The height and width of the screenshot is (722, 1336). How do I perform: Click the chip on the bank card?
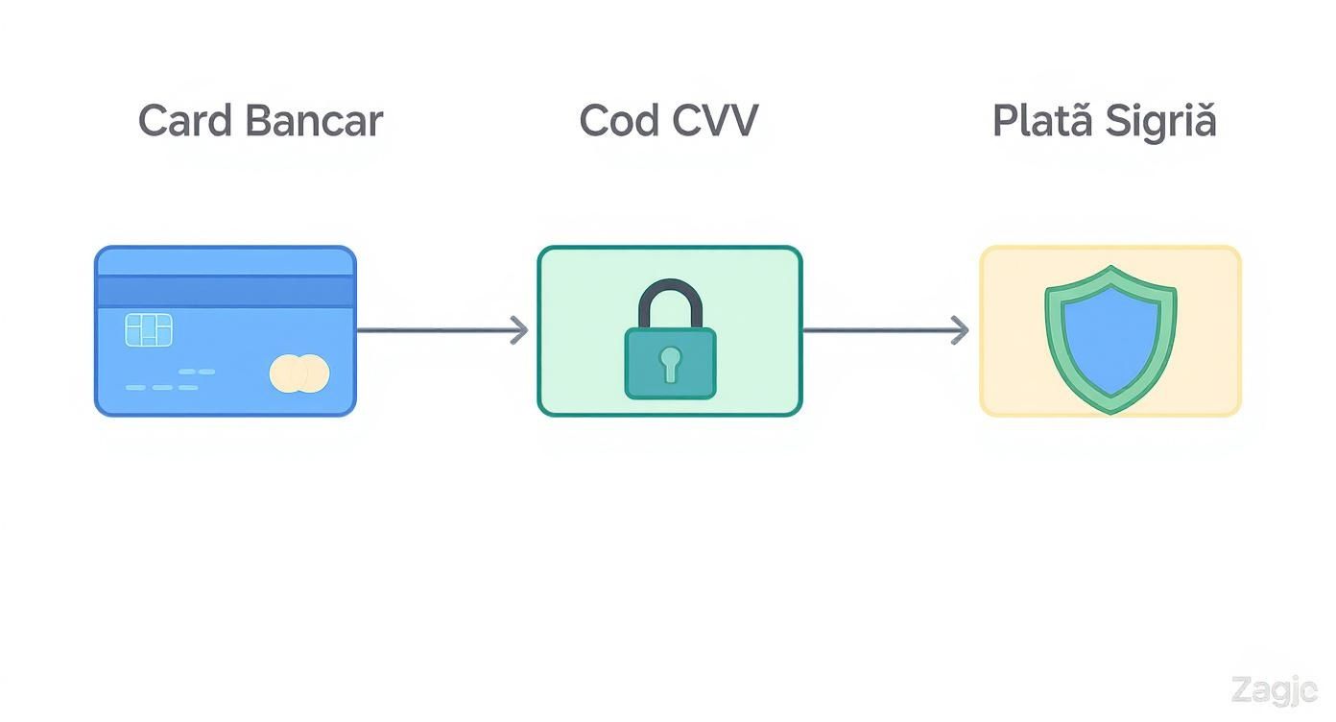(149, 329)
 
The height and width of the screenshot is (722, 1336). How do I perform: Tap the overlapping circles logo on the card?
(299, 373)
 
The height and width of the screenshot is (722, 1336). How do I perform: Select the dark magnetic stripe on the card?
(225, 291)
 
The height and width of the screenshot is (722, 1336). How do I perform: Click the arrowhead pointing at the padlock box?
(519, 330)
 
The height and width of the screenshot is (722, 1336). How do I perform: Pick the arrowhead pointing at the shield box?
(959, 330)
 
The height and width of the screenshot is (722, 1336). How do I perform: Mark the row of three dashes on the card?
(161, 388)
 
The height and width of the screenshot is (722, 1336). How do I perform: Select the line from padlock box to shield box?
(878, 330)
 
